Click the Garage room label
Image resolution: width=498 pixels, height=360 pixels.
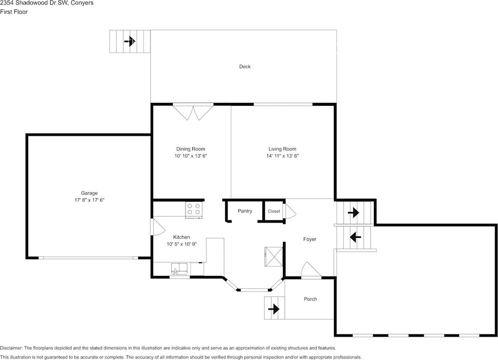click(89, 193)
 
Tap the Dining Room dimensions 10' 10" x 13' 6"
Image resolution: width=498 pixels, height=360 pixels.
click(191, 156)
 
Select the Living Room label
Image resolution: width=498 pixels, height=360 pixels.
click(282, 149)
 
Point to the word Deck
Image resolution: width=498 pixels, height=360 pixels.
click(245, 66)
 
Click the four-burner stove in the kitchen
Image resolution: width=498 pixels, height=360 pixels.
click(194, 210)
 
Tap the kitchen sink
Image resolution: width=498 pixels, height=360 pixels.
click(179, 269)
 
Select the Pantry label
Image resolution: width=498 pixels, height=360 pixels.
click(245, 211)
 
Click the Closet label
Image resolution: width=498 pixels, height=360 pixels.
click(274, 211)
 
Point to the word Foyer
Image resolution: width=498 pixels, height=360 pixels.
click(310, 239)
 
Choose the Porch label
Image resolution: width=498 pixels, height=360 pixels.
click(310, 299)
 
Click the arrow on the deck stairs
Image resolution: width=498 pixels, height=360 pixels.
click(130, 41)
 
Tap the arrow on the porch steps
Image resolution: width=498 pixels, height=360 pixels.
click(274, 309)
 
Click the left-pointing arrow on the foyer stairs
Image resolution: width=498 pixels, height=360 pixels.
click(355, 237)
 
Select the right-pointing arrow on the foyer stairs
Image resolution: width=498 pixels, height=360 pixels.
click(354, 213)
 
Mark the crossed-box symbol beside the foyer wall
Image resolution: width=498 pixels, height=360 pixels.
click(274, 257)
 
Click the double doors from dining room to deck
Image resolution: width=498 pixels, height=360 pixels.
click(193, 113)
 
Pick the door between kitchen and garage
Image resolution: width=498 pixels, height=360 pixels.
click(158, 227)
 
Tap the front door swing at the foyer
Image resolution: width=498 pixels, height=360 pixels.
click(311, 270)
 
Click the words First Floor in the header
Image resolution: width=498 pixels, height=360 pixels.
click(14, 12)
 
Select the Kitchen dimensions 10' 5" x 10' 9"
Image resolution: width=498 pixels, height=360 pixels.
click(182, 244)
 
